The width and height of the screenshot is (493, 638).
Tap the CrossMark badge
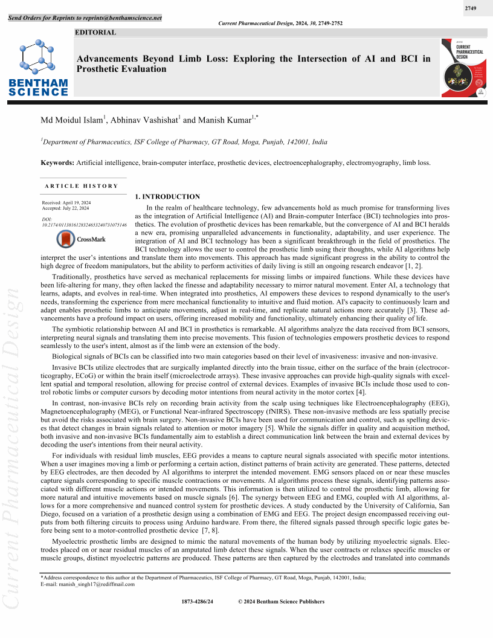80,239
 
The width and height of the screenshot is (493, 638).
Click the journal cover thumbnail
463,68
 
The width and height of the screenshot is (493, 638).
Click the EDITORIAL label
95,33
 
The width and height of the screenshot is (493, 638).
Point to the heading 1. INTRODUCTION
167,196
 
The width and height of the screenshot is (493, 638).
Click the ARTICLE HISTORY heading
82,185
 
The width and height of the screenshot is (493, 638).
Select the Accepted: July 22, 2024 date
65,208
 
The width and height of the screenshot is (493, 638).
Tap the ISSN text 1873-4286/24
198,602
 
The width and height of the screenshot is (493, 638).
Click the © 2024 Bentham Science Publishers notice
282,602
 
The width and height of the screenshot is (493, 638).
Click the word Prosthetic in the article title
99,69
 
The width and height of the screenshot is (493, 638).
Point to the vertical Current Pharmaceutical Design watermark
13,447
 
